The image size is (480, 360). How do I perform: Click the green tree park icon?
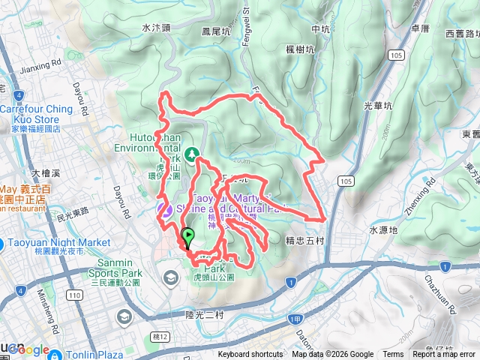192,154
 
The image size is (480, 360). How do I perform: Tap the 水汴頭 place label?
157,28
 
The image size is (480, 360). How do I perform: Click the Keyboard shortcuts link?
252,355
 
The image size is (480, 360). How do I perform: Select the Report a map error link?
445,355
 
